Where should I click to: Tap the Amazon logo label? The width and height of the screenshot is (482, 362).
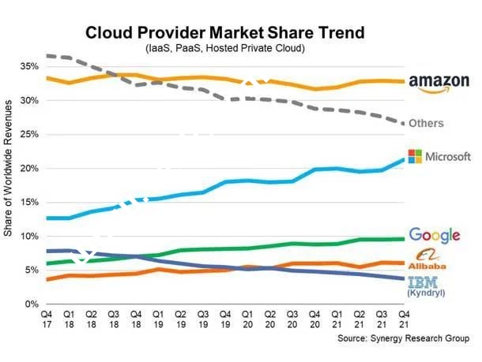439,84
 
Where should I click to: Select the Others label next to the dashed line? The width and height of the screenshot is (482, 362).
426,124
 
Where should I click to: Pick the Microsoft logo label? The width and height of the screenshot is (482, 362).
439,156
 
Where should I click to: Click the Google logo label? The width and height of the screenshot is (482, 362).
435,235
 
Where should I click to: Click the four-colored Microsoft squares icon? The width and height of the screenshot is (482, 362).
414,156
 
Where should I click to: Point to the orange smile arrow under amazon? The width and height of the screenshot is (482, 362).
436,91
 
